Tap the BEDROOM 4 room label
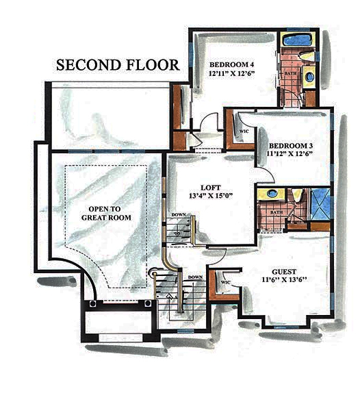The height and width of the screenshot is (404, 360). [232, 66]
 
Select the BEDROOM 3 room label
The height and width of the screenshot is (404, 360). [291, 146]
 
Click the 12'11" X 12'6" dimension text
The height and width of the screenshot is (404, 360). [233, 76]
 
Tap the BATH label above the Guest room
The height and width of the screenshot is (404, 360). [276, 212]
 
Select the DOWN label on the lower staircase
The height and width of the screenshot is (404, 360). [194, 277]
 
